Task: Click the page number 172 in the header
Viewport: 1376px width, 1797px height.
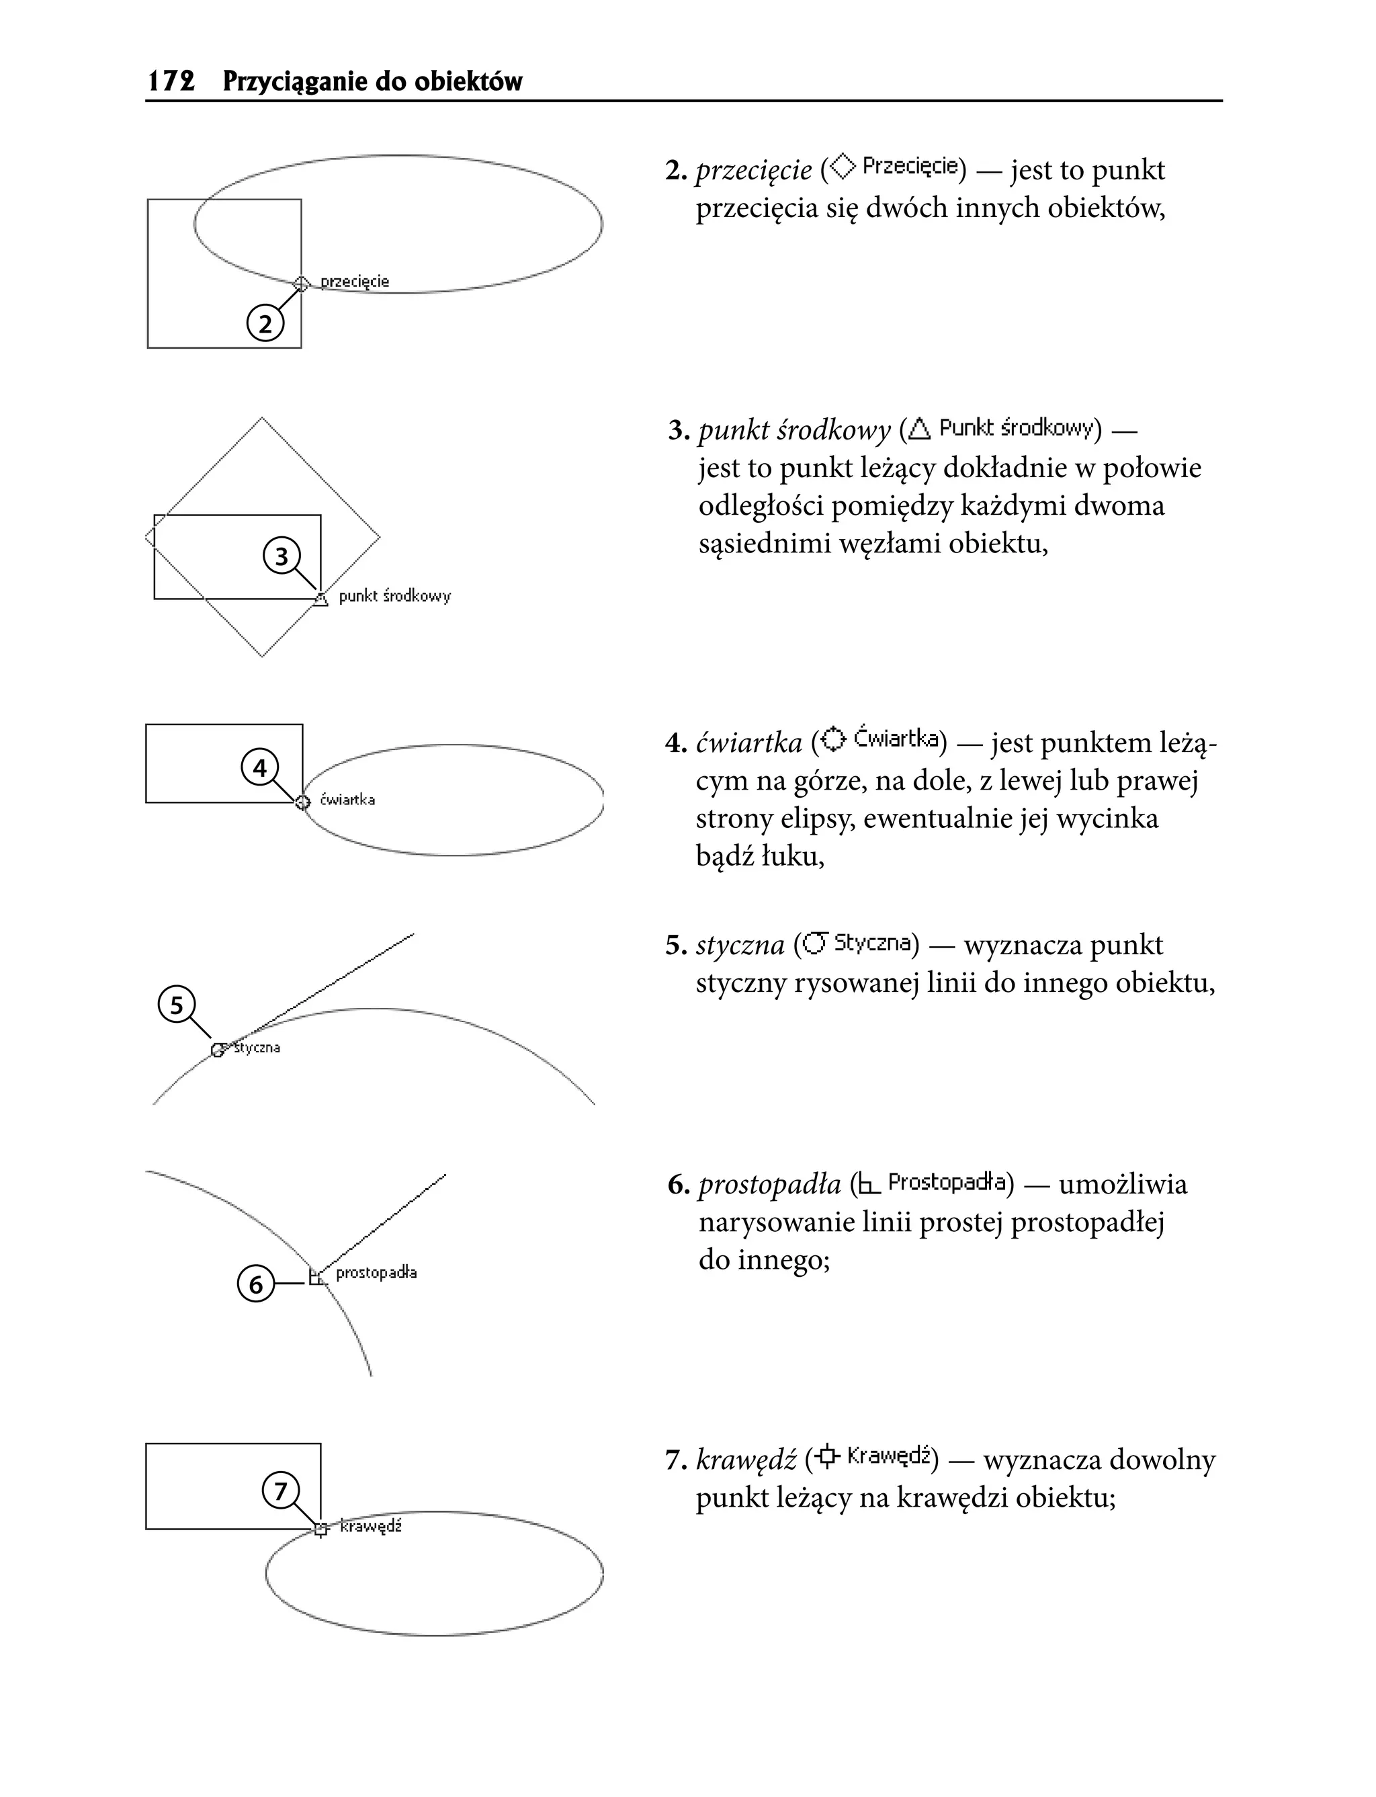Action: click(x=171, y=81)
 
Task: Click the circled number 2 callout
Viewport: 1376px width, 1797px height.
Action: click(x=265, y=325)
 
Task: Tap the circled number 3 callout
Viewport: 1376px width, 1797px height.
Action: click(x=281, y=557)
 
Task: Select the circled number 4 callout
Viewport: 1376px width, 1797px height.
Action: click(x=259, y=768)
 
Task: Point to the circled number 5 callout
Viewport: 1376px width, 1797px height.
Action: click(x=177, y=1004)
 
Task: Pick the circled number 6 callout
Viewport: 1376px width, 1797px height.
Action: click(x=255, y=1284)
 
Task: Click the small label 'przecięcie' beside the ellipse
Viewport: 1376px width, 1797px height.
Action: click(x=355, y=282)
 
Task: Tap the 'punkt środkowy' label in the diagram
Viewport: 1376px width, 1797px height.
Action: click(x=395, y=596)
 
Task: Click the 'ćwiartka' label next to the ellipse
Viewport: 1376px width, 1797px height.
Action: click(x=347, y=800)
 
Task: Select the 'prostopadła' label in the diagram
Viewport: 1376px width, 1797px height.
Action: click(x=376, y=1273)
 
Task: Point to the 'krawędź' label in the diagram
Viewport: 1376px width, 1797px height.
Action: click(x=370, y=1527)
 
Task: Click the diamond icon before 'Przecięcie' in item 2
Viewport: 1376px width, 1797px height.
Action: click(x=841, y=167)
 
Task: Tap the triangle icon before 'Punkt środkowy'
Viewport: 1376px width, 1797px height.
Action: click(x=920, y=427)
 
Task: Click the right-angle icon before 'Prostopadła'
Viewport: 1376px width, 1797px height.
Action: click(x=869, y=1183)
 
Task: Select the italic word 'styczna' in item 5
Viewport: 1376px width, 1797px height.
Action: click(x=740, y=945)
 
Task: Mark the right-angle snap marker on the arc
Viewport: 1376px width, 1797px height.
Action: click(x=316, y=1277)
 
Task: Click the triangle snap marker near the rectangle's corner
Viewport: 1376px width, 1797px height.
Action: click(x=321, y=599)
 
